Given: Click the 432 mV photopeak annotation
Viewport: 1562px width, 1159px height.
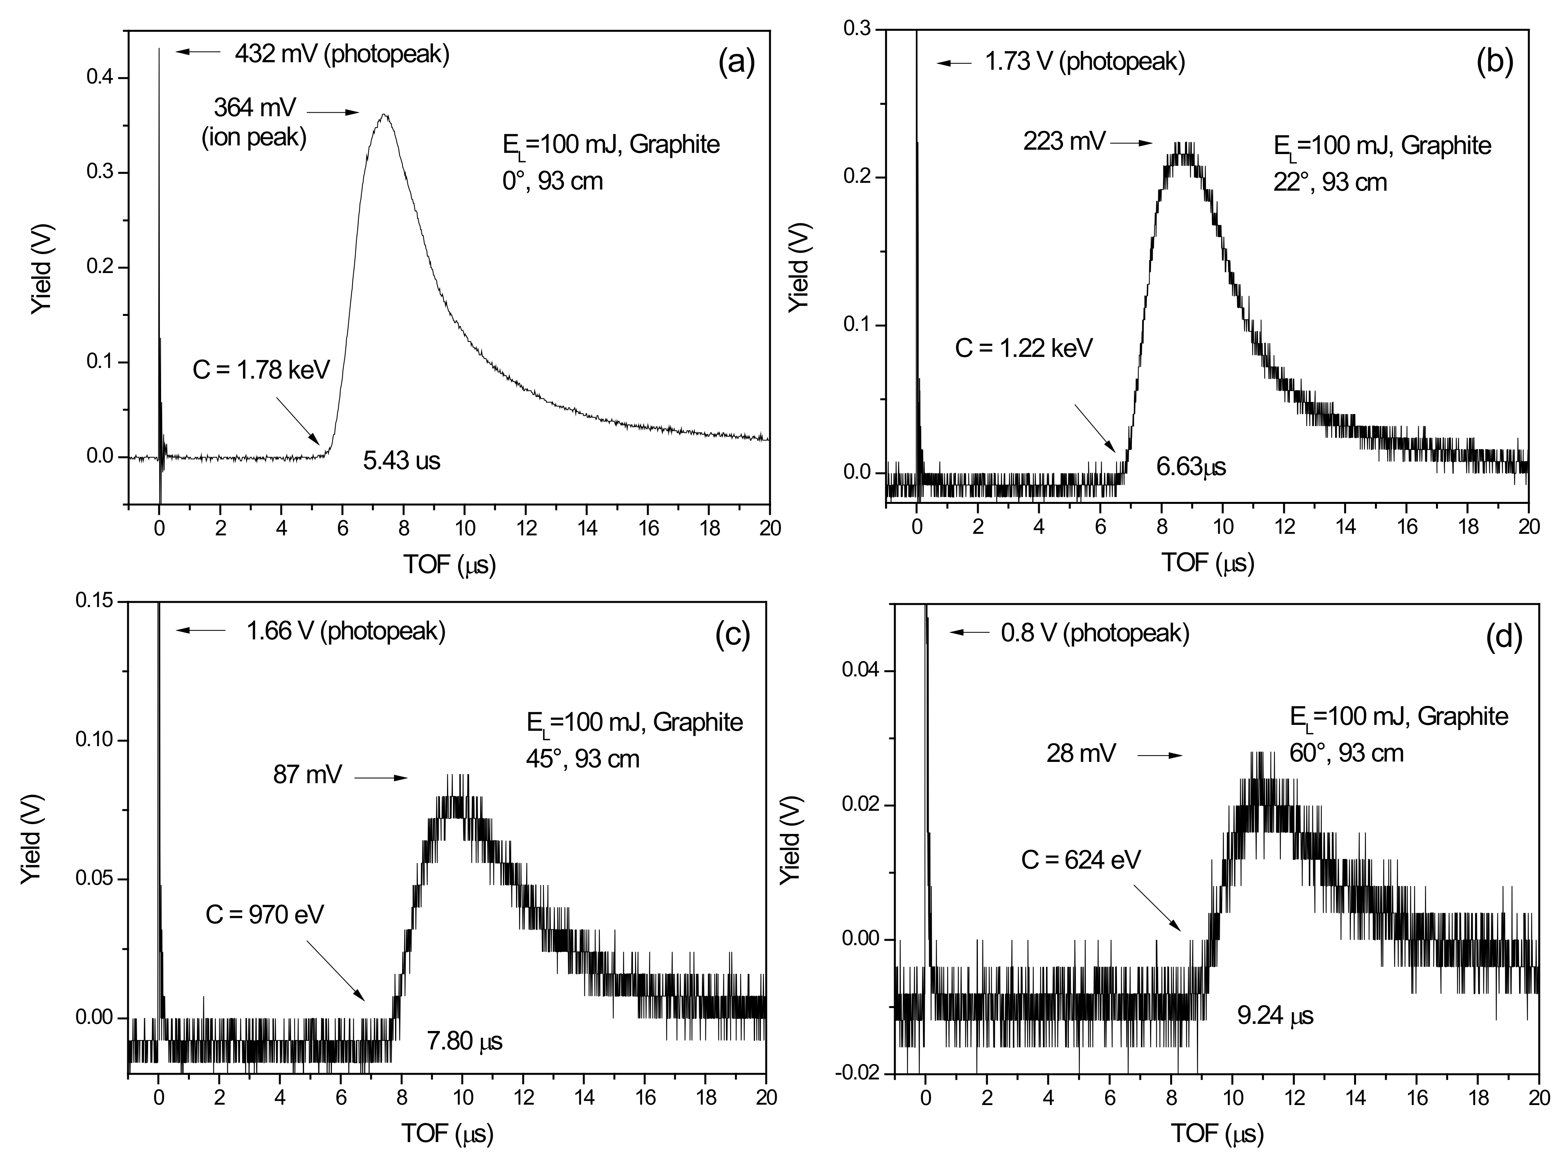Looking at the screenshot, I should pos(341,54).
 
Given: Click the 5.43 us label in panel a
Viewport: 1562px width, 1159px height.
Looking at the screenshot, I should pos(401,461).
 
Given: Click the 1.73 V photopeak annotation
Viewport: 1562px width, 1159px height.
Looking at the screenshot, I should pos(1085,62).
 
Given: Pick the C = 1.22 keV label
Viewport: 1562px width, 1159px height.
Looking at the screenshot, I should pos(1024,347).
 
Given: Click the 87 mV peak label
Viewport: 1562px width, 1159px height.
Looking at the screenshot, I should pos(307,775).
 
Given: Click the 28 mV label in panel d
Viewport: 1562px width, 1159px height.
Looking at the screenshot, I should pos(1081,754).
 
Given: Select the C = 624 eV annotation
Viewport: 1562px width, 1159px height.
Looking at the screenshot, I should pos(1081,860).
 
